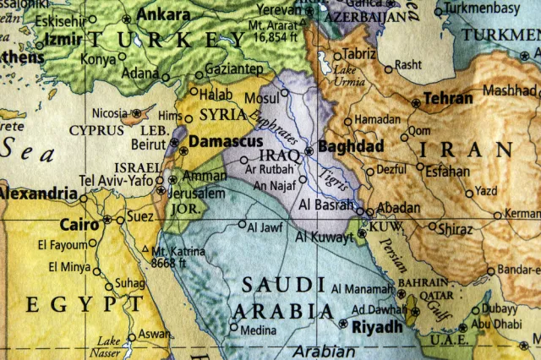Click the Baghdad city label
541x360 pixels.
click(350, 147)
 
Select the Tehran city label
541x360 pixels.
click(448, 99)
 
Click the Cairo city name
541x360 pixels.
click(79, 225)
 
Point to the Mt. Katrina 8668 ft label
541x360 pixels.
click(175, 257)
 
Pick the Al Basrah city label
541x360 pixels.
click(326, 204)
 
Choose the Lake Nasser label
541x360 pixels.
click(108, 346)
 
